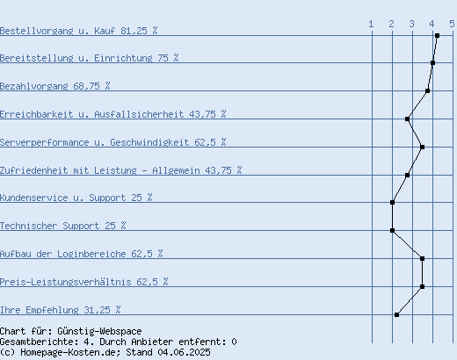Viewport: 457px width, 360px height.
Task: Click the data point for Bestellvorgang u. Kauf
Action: coord(437,36)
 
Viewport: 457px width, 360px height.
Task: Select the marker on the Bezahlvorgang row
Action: coord(427,91)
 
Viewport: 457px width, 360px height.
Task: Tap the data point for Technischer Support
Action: coord(392,231)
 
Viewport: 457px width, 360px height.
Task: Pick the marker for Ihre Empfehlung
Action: coord(396,315)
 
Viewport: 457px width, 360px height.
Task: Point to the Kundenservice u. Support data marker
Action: coord(392,203)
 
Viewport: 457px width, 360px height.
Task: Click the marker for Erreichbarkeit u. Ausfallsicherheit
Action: coord(407,119)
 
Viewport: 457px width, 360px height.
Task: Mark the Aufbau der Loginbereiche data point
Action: coord(422,259)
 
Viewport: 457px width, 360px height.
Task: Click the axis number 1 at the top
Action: coord(371,24)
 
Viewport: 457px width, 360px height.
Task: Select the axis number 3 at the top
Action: coord(411,24)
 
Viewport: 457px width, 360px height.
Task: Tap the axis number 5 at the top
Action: coord(452,24)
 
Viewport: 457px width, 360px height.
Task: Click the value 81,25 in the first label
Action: coord(134,31)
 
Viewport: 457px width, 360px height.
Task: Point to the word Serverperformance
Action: coord(45,142)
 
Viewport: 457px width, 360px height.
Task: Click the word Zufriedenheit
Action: coord(34,170)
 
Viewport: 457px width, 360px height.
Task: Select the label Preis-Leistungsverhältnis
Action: coord(66,282)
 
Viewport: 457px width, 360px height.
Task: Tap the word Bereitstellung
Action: coord(37,58)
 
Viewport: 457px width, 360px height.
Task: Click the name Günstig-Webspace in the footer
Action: coord(99,331)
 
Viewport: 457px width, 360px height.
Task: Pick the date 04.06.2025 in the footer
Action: coord(184,352)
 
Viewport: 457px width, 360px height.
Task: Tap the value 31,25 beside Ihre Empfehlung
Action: coord(97,310)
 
